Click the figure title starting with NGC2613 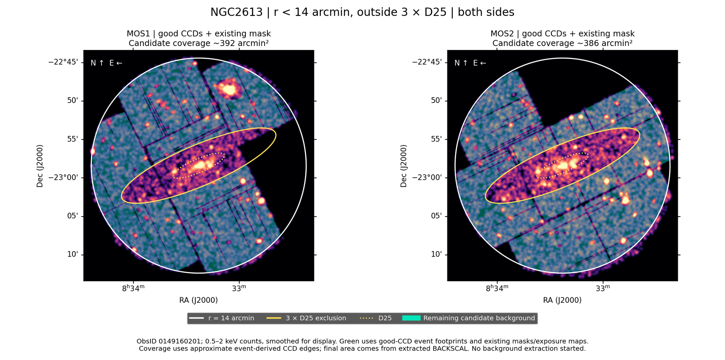(362, 12)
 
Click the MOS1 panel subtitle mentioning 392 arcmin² (199, 43)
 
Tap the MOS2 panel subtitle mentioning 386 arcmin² (562, 43)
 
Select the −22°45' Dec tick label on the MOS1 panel (63, 62)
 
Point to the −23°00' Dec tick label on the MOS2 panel (427, 178)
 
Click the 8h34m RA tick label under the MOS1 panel (133, 288)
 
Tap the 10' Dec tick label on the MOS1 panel (72, 255)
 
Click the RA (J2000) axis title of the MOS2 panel (562, 300)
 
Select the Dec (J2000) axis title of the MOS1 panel (40, 166)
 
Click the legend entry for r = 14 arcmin (221, 318)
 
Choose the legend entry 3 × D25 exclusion (306, 318)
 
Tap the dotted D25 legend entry (376, 318)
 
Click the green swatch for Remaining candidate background (411, 318)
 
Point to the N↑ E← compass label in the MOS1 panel (106, 63)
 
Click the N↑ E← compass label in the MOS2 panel (470, 63)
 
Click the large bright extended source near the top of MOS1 (228, 89)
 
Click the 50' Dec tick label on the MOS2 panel (436, 100)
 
